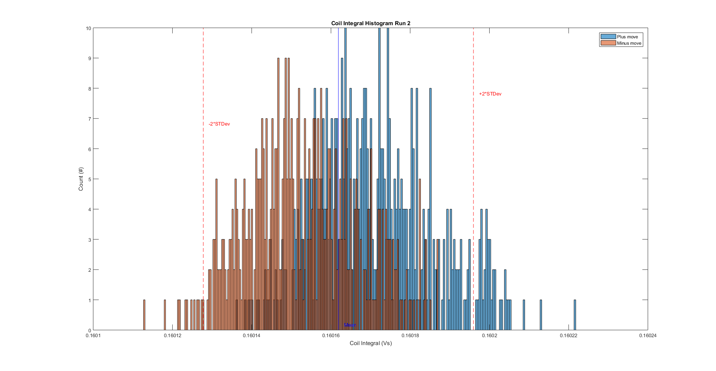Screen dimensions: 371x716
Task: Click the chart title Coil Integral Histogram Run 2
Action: click(370, 23)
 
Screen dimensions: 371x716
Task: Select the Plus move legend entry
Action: click(627, 37)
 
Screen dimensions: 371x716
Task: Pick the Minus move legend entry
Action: click(629, 43)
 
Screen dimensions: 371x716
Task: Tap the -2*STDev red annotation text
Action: click(219, 124)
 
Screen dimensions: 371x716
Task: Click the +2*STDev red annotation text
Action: click(490, 94)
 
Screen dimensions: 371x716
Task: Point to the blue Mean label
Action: click(350, 325)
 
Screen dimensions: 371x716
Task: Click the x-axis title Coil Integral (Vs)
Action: click(370, 343)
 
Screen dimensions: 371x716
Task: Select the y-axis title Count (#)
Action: click(81, 179)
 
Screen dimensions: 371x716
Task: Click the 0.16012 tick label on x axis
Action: click(172, 336)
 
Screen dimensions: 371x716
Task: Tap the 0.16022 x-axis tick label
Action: click(568, 336)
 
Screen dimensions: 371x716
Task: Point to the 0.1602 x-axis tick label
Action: click(489, 336)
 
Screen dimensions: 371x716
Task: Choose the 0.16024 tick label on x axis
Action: click(648, 336)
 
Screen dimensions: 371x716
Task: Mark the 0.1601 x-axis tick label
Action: click(93, 336)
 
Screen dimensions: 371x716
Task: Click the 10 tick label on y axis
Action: click(88, 28)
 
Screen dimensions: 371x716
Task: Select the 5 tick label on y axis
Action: click(89, 179)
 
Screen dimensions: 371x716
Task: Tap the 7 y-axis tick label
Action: click(89, 119)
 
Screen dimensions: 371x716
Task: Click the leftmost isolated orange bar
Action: click(144, 315)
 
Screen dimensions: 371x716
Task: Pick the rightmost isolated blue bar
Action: click(575, 315)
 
